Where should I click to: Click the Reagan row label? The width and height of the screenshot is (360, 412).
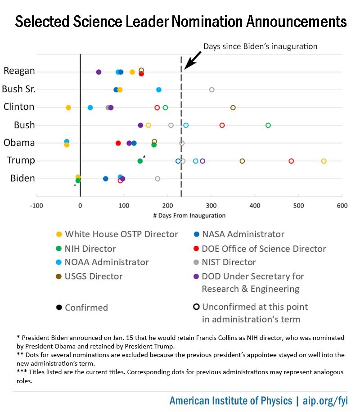click(x=19, y=71)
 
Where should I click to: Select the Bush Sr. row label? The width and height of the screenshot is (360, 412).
click(x=18, y=89)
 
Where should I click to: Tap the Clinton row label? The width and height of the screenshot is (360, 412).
click(x=19, y=107)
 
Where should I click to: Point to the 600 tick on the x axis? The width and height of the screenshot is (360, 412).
click(x=342, y=206)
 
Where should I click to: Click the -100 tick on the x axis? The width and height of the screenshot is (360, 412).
click(x=36, y=206)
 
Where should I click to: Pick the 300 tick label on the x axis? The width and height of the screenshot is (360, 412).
click(x=211, y=206)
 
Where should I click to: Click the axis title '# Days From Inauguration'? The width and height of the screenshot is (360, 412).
click(x=189, y=216)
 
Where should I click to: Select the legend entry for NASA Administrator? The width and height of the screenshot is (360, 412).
click(x=243, y=234)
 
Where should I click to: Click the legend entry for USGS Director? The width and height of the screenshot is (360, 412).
click(x=94, y=276)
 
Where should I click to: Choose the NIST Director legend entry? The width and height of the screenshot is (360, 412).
click(x=229, y=262)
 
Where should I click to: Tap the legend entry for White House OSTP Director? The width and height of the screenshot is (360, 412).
click(x=121, y=234)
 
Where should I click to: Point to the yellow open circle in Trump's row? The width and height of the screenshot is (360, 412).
click(x=324, y=161)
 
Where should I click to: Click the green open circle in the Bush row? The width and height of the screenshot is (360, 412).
click(x=268, y=125)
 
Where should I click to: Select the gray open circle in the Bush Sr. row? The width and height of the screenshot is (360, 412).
click(x=211, y=90)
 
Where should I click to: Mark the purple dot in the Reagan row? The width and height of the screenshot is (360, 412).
click(x=99, y=72)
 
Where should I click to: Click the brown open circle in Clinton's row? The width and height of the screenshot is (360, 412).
click(x=233, y=108)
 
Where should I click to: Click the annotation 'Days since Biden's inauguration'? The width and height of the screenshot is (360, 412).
click(x=261, y=46)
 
